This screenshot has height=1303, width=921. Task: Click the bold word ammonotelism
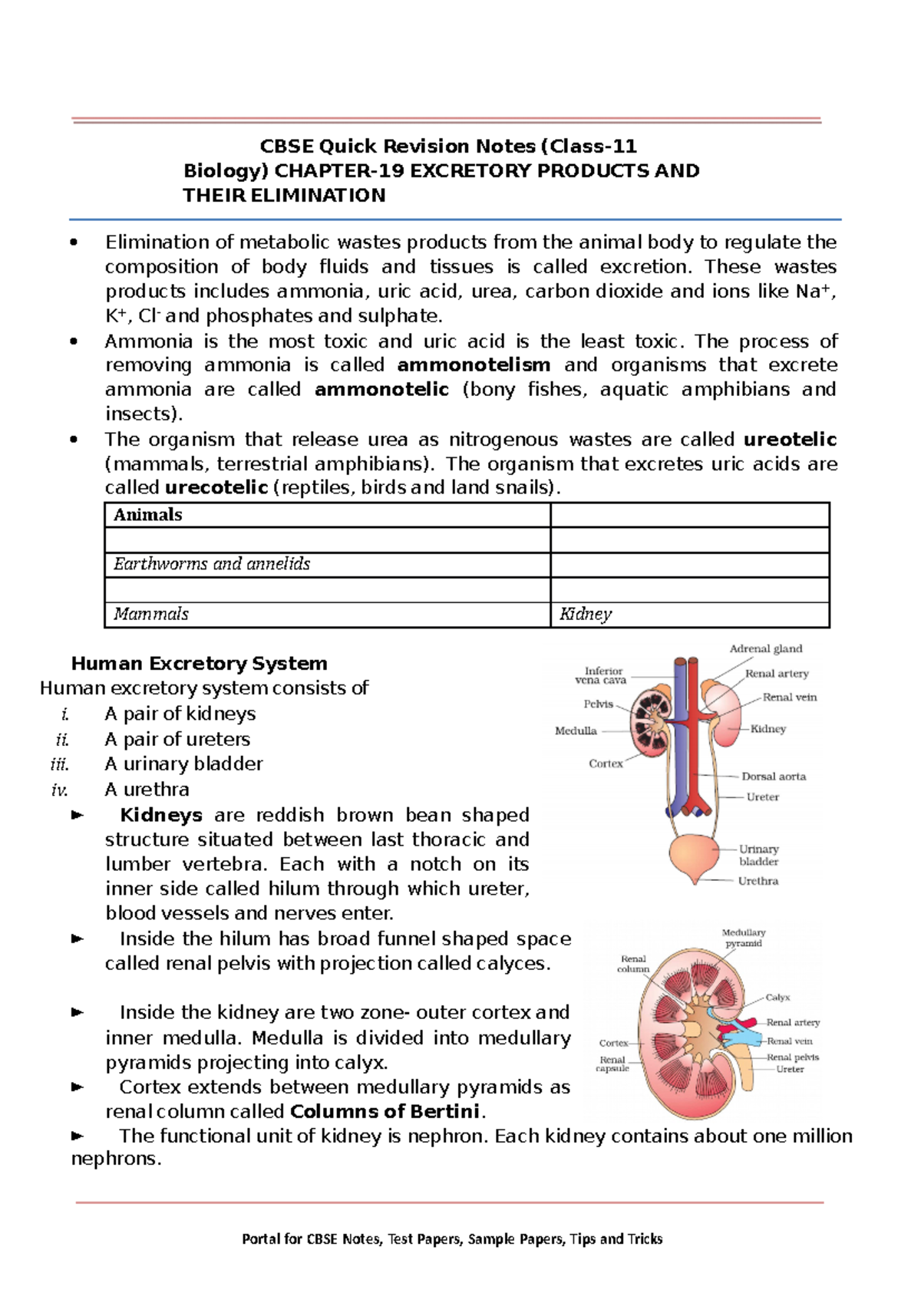pos(474,365)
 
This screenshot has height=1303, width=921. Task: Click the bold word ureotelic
pos(790,440)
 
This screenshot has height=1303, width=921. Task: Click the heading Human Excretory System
pos(199,663)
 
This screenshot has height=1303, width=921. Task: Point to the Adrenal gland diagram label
pos(765,649)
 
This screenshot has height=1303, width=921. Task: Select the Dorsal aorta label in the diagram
pos(774,777)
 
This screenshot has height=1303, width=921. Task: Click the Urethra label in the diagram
pos(758,881)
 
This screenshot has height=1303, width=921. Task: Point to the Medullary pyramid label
pos(743,938)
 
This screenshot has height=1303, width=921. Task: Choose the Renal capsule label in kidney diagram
pos(612,1064)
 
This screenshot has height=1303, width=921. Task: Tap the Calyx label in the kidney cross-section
pos(777,998)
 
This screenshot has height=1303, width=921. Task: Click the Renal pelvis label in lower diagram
pos(793,1057)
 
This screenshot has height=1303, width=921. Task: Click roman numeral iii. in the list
pos(60,764)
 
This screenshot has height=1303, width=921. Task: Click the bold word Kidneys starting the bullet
pos(161,815)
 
